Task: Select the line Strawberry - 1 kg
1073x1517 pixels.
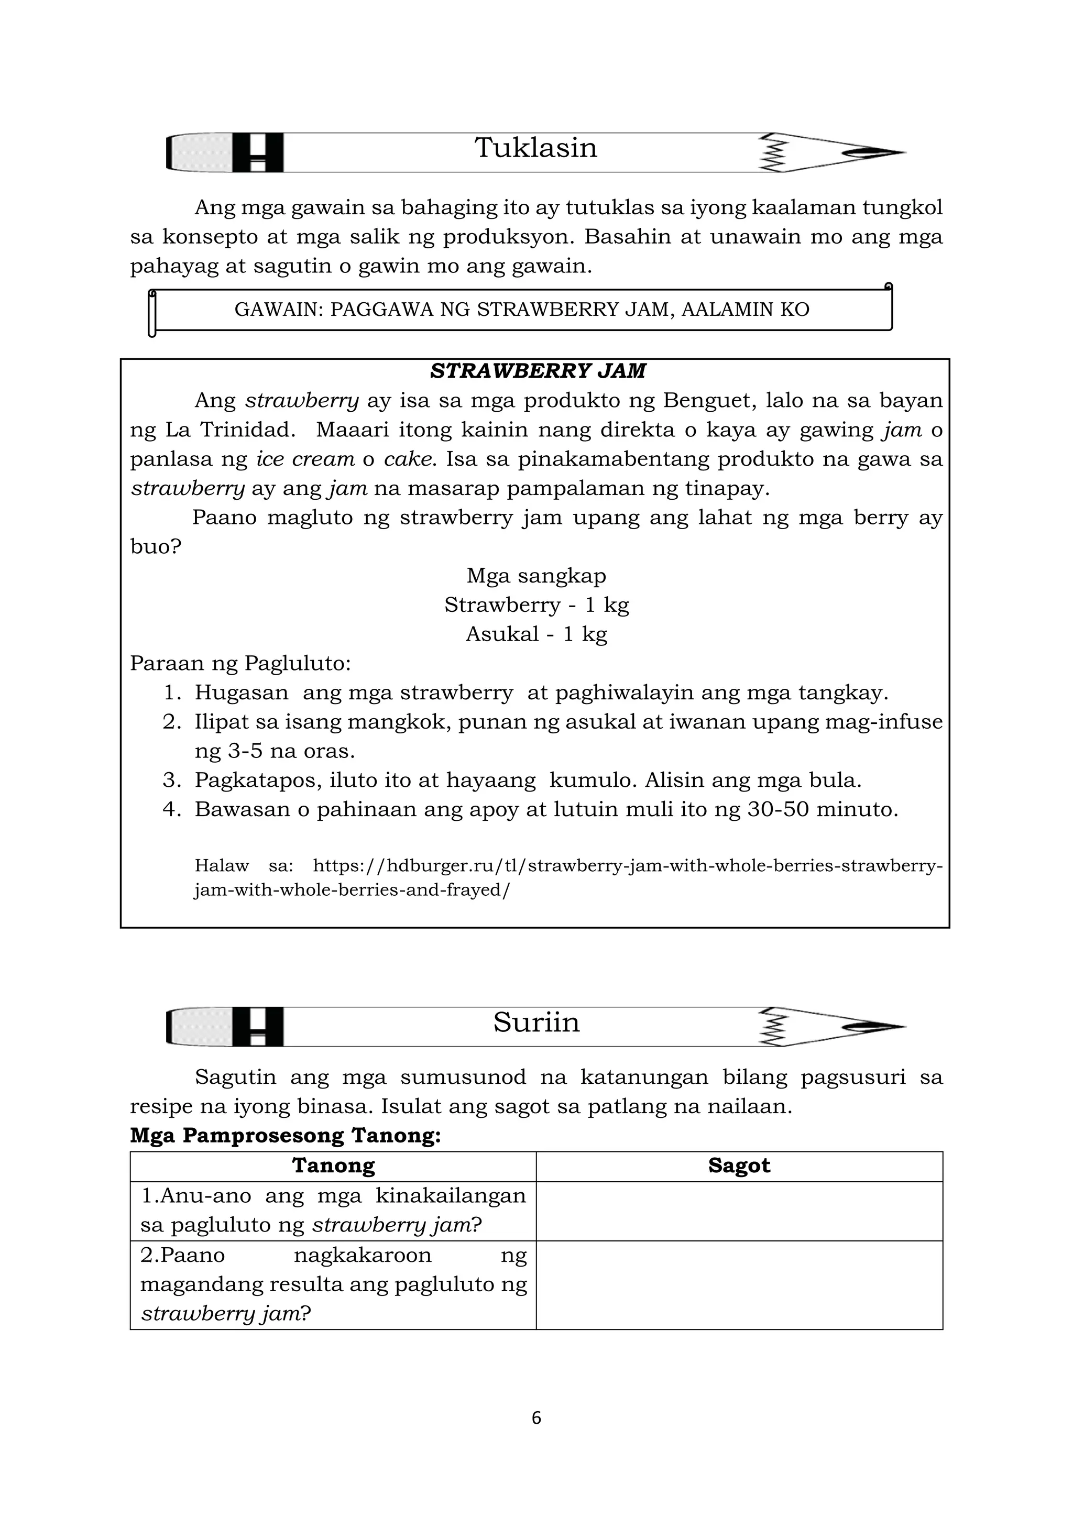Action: (x=536, y=604)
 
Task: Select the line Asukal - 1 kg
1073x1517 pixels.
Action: (x=536, y=634)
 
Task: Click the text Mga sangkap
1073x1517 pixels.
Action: (x=536, y=576)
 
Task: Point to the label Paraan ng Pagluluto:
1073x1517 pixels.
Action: (x=240, y=663)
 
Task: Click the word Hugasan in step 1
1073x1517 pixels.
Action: (x=241, y=692)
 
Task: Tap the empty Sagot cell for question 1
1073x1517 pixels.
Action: (x=739, y=1211)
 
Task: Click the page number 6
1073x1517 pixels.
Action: (x=536, y=1418)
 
